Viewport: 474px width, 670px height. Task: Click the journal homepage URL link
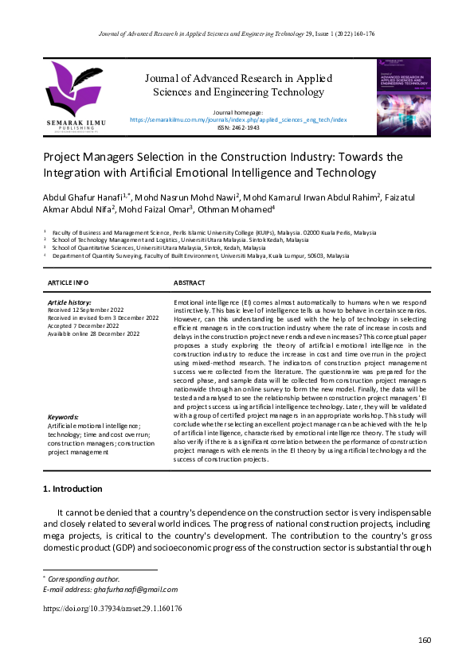(x=238, y=119)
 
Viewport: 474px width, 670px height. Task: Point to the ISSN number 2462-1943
(x=238, y=127)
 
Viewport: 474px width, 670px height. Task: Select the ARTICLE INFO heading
(x=69, y=282)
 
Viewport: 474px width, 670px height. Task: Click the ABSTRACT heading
(x=190, y=282)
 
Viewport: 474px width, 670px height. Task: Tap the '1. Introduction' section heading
(x=72, y=489)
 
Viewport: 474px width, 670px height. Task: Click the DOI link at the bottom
(x=112, y=608)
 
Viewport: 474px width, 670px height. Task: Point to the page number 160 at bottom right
(x=424, y=641)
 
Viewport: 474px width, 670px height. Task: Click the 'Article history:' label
(x=70, y=302)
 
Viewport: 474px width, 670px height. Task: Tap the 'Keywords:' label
(x=63, y=417)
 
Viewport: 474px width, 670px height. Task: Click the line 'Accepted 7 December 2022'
(x=88, y=325)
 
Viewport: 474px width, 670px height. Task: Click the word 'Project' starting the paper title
(x=63, y=157)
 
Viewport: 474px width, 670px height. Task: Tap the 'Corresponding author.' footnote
(x=84, y=578)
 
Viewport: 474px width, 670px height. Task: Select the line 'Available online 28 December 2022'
(x=94, y=333)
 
